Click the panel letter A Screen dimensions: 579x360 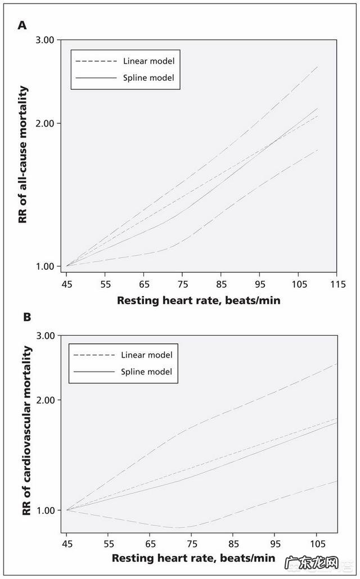(22, 25)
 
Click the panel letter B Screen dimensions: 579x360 (26, 317)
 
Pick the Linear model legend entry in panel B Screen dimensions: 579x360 (146, 355)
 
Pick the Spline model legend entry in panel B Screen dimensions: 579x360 (146, 372)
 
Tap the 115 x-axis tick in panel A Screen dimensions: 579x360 (337, 284)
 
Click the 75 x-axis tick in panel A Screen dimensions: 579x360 (182, 284)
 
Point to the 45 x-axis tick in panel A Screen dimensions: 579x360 (66, 284)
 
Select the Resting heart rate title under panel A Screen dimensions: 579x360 (199, 300)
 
